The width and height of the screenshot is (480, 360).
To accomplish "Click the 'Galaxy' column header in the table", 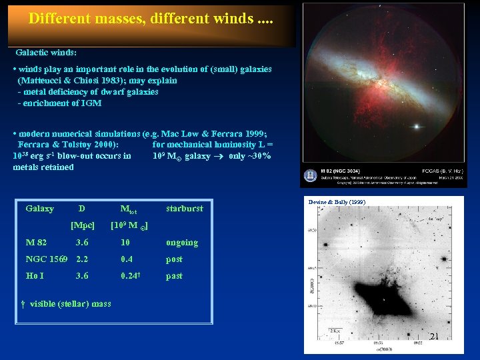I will (x=39, y=209).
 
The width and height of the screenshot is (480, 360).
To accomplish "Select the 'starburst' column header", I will (x=185, y=209).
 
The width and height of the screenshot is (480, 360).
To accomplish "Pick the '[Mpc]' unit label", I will (x=83, y=225).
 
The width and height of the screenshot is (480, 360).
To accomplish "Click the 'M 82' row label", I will (x=36, y=243).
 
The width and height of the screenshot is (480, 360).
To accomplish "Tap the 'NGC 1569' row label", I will (x=47, y=259).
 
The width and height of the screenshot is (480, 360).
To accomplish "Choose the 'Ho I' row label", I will (x=35, y=276).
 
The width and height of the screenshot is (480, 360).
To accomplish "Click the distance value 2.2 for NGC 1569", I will (x=83, y=259).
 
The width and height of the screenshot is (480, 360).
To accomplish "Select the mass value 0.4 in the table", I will (x=127, y=259).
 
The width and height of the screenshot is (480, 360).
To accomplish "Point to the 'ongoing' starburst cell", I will (x=182, y=243).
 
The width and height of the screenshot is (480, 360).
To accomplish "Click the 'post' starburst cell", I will (x=174, y=259).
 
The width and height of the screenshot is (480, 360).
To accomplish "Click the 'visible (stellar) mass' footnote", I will (x=70, y=305).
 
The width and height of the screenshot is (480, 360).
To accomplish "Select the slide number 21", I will (x=434, y=337).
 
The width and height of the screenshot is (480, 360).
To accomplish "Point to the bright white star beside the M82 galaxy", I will (x=418, y=127).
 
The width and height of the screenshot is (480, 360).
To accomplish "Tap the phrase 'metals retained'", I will (x=43, y=167).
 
